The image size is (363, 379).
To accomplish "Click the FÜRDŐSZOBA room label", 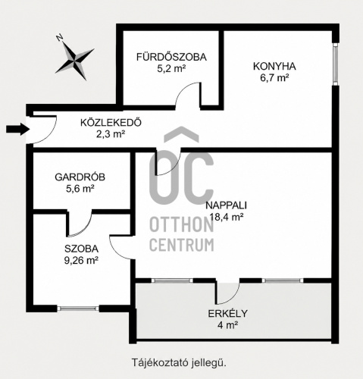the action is pyautogui.click(x=171, y=57).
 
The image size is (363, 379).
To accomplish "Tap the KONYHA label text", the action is pyautogui.click(x=274, y=66).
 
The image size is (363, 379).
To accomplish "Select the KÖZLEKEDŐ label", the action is pyautogui.click(x=111, y=123).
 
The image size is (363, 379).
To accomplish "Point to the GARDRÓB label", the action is pyautogui.click(x=80, y=177).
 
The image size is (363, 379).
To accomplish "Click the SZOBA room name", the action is pyautogui.click(x=81, y=249).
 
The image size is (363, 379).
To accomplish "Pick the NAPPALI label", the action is pyautogui.click(x=226, y=205).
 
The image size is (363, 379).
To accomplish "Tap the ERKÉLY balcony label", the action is pyautogui.click(x=228, y=314).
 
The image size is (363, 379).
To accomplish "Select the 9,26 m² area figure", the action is pyautogui.click(x=81, y=260).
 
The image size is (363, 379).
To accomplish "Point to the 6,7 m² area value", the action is pyautogui.click(x=274, y=78).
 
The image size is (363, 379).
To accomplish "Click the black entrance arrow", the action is pyautogui.click(x=17, y=129).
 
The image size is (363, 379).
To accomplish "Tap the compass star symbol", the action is pyautogui.click(x=75, y=61).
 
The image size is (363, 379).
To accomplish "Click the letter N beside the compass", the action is pyautogui.click(x=60, y=38).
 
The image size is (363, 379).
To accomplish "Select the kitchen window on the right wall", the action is pyautogui.click(x=335, y=64).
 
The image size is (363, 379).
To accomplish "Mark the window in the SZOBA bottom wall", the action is pyautogui.click(x=78, y=308).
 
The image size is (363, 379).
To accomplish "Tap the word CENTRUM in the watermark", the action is pyautogui.click(x=182, y=245).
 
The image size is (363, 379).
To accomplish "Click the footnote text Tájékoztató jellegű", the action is pyautogui.click(x=179, y=363).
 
